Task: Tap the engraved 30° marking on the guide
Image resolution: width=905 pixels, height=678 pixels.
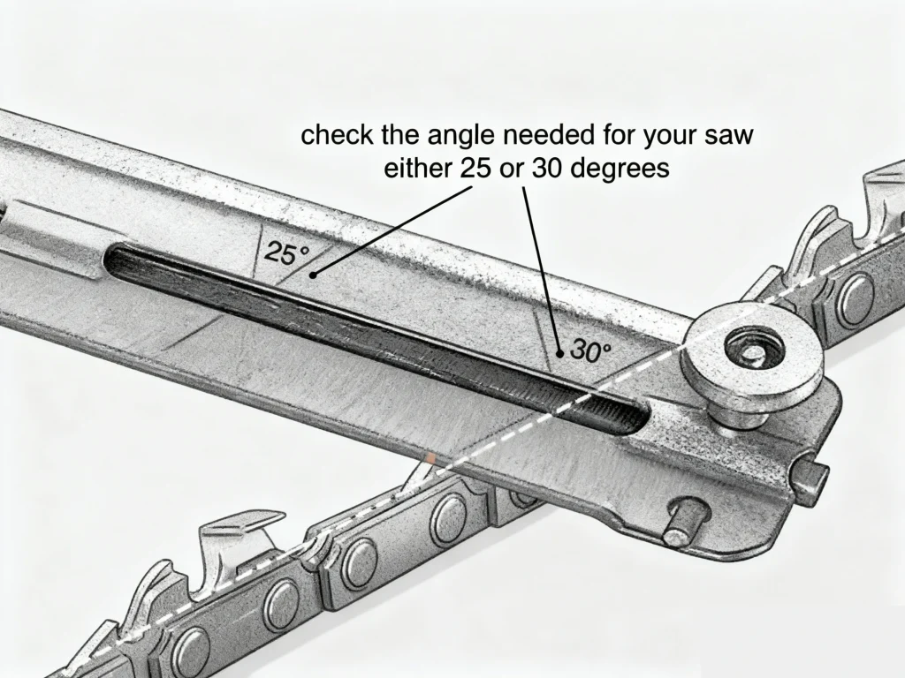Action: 589,350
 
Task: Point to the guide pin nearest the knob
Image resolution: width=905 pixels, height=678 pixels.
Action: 812,478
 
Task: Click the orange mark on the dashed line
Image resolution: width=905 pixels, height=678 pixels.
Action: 429,460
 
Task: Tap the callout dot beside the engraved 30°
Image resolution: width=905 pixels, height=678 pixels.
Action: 560,353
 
